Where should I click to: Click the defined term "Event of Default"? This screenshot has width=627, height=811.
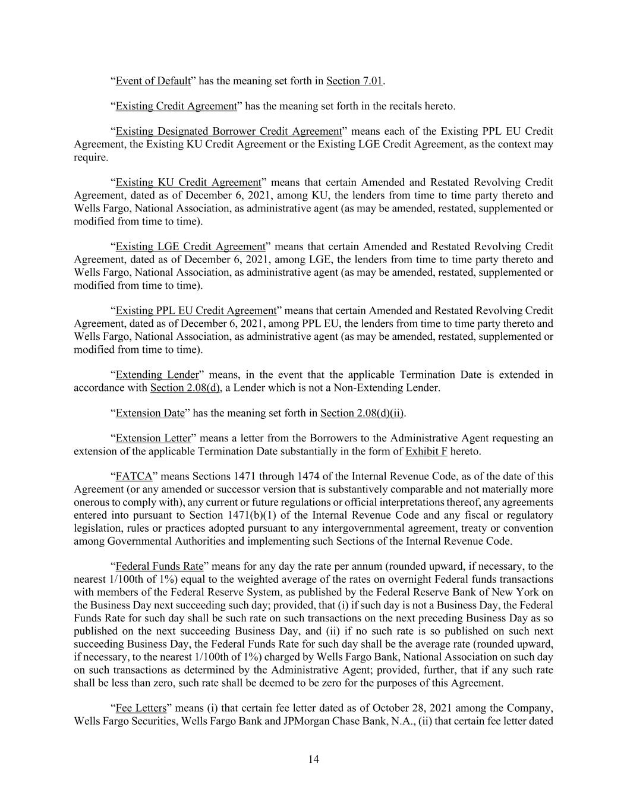coord(153,81)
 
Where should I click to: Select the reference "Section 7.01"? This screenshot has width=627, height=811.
coord(354,81)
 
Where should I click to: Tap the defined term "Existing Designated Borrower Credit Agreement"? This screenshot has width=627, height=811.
coord(228,131)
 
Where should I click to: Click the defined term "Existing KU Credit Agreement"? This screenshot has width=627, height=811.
coord(188,182)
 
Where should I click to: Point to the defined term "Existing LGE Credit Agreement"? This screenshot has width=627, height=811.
coord(190,247)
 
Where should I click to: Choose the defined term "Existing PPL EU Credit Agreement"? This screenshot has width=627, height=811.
coord(196,311)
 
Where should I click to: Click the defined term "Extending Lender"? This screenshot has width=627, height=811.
coord(157,375)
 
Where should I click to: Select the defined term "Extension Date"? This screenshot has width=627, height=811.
coord(150,413)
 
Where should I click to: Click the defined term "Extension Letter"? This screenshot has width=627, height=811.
coord(153,438)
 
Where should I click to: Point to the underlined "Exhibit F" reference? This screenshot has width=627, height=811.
coord(426,452)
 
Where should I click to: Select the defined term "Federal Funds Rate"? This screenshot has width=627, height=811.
coord(159,566)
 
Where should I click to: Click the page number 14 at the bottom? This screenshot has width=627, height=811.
coord(314,759)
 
